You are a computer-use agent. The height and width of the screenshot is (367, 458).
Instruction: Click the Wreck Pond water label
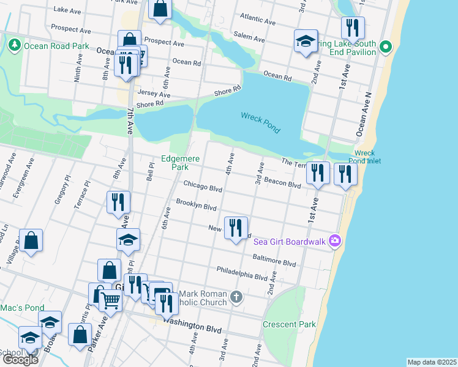click(x=260, y=122)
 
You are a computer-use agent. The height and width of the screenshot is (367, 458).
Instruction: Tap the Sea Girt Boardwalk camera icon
click(x=334, y=240)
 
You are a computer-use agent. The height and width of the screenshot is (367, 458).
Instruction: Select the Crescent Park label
click(x=289, y=324)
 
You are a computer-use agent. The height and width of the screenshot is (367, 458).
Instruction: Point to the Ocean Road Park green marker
click(x=13, y=45)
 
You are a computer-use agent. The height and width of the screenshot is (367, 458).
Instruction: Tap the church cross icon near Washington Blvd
click(x=237, y=298)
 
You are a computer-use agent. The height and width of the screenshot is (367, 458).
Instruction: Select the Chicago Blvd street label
click(x=202, y=186)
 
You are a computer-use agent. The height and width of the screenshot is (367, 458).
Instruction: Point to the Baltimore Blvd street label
click(x=274, y=259)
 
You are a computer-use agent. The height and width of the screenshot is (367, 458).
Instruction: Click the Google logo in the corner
click(x=20, y=359)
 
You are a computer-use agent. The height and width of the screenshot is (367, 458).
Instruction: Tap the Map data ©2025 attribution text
click(x=432, y=362)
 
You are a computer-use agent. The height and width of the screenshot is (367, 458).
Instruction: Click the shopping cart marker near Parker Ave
click(x=110, y=300)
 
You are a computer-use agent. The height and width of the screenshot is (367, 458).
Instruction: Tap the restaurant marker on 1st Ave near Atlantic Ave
click(x=353, y=28)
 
